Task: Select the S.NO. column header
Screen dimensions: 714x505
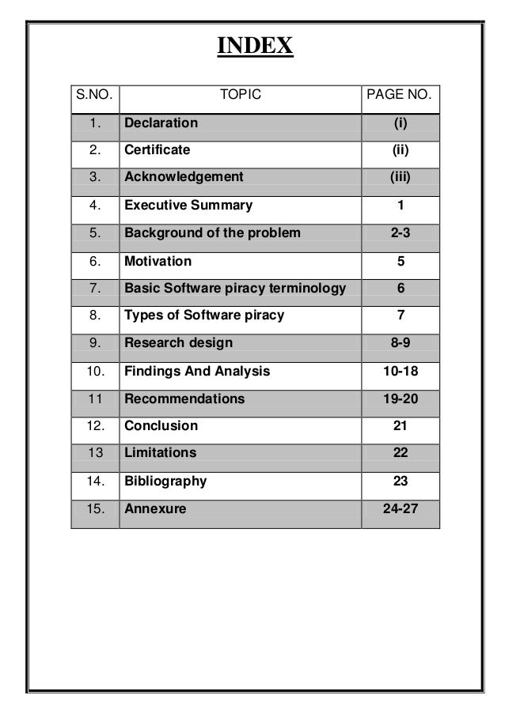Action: [x=93, y=96]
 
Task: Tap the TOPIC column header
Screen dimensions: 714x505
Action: [x=240, y=96]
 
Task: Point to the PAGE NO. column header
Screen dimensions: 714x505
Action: [x=400, y=96]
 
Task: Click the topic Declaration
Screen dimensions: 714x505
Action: [x=161, y=123]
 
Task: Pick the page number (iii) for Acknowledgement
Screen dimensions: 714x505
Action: [x=400, y=177]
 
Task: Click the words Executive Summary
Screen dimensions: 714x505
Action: [x=188, y=206]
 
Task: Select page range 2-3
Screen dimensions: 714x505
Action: [x=400, y=233]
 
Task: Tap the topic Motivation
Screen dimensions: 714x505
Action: [x=158, y=261]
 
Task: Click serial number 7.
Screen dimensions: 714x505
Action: [x=95, y=289]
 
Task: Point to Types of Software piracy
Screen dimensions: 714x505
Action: [x=204, y=315]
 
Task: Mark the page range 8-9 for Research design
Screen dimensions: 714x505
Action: [x=400, y=343]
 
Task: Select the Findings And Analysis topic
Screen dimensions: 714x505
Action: [x=197, y=371]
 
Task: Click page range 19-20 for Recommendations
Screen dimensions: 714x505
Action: [x=400, y=399]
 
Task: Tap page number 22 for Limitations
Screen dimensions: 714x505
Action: [x=400, y=453]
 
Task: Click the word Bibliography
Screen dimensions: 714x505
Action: [x=165, y=481]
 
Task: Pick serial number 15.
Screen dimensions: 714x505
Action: [x=95, y=508]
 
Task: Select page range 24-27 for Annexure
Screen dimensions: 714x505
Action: [x=400, y=508]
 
